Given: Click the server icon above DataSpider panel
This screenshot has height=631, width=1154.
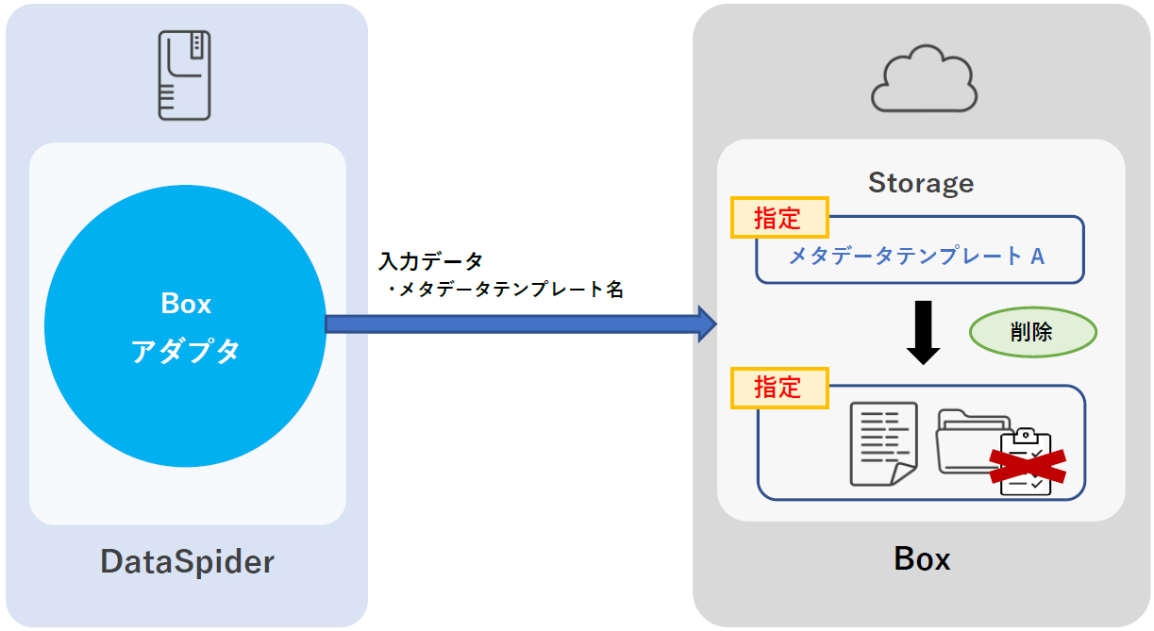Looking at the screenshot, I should (x=185, y=75).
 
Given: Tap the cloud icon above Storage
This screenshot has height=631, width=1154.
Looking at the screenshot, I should (x=923, y=84).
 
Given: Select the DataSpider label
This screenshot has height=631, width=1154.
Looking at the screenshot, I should (x=187, y=562).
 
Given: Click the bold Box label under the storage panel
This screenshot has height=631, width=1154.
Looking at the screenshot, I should (x=922, y=559).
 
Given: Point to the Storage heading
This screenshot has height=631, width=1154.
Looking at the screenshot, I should (x=920, y=182).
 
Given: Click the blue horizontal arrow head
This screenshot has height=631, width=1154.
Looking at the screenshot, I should (x=706, y=324).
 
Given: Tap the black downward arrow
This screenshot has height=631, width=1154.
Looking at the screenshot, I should (x=923, y=333).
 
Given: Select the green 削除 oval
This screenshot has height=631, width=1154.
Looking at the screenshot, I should (x=1032, y=332).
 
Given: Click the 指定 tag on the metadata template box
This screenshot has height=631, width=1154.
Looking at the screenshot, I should (x=778, y=218).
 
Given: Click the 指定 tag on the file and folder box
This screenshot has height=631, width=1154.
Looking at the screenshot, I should (x=778, y=388).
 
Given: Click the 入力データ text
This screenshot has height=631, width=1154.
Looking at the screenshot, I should (x=430, y=260).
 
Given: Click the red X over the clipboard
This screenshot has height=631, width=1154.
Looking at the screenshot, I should (x=1027, y=464).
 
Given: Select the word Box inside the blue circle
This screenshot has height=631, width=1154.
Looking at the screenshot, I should (x=186, y=304).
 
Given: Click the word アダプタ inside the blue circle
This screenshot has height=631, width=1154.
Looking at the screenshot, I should (x=185, y=351).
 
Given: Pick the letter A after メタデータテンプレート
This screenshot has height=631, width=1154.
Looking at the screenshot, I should (x=1037, y=256).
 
